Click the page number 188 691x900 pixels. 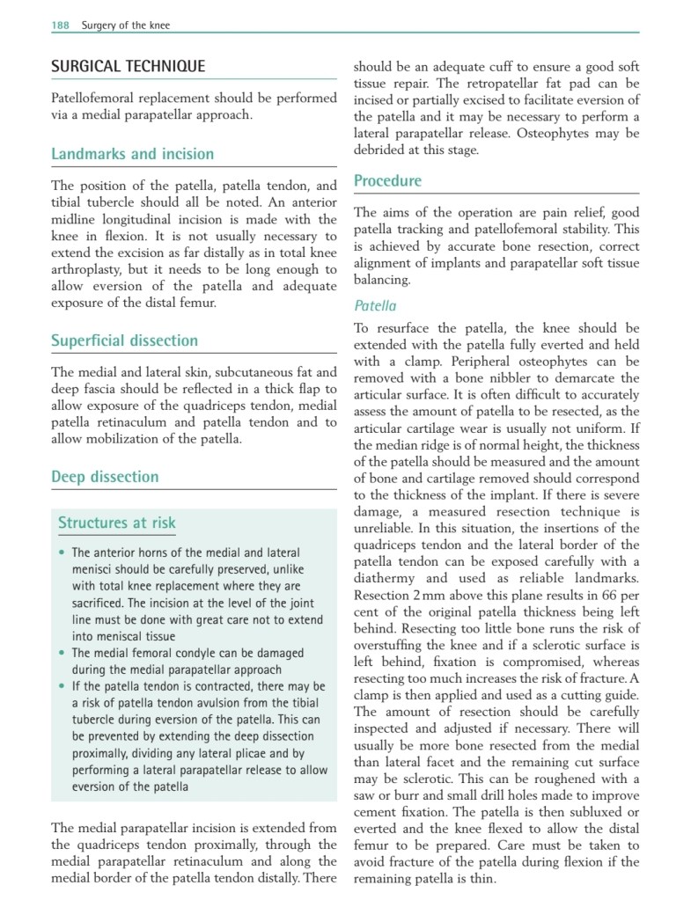[x=60, y=26]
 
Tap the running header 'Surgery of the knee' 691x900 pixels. [x=126, y=26]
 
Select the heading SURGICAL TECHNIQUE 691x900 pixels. [x=128, y=66]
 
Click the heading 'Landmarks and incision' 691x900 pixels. [x=132, y=154]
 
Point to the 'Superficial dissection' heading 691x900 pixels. [x=124, y=340]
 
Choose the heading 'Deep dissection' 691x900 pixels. [x=105, y=477]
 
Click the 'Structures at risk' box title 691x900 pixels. [x=117, y=523]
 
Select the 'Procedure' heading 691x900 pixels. [x=387, y=181]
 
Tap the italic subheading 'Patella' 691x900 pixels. [x=375, y=306]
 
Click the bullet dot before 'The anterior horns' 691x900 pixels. [x=62, y=553]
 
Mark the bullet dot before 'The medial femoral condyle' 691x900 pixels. [x=62, y=654]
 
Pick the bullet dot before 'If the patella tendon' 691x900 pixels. [x=62, y=686]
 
